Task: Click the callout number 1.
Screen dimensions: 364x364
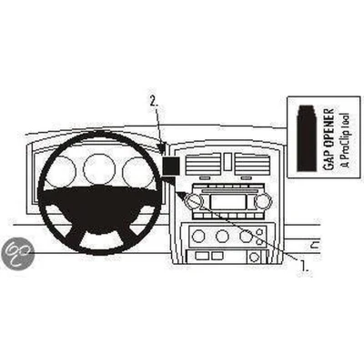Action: [304, 266]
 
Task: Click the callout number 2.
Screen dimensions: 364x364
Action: [154, 102]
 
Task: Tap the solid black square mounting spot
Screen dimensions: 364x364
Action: [170, 167]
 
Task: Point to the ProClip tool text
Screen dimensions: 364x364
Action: [345, 140]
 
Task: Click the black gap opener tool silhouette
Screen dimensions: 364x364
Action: [307, 138]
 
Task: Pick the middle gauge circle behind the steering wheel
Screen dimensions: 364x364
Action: [99, 169]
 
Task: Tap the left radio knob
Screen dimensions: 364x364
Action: [194, 201]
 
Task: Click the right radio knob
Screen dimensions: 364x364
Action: [262, 201]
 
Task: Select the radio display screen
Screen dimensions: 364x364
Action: [228, 202]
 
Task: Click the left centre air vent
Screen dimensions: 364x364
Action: [203, 164]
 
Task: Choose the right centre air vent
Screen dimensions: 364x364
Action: [252, 164]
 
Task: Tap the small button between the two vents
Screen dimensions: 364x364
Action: [228, 161]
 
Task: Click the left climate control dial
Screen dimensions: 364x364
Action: [198, 236]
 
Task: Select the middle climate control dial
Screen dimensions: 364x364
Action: [222, 236]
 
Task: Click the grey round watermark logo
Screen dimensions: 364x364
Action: [17, 252]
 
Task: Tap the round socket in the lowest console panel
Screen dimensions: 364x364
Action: [253, 258]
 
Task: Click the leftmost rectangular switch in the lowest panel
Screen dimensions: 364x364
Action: [202, 256]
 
